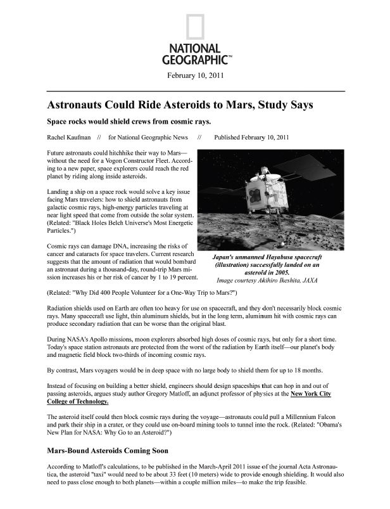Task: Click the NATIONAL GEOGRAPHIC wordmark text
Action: [x=195, y=55]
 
